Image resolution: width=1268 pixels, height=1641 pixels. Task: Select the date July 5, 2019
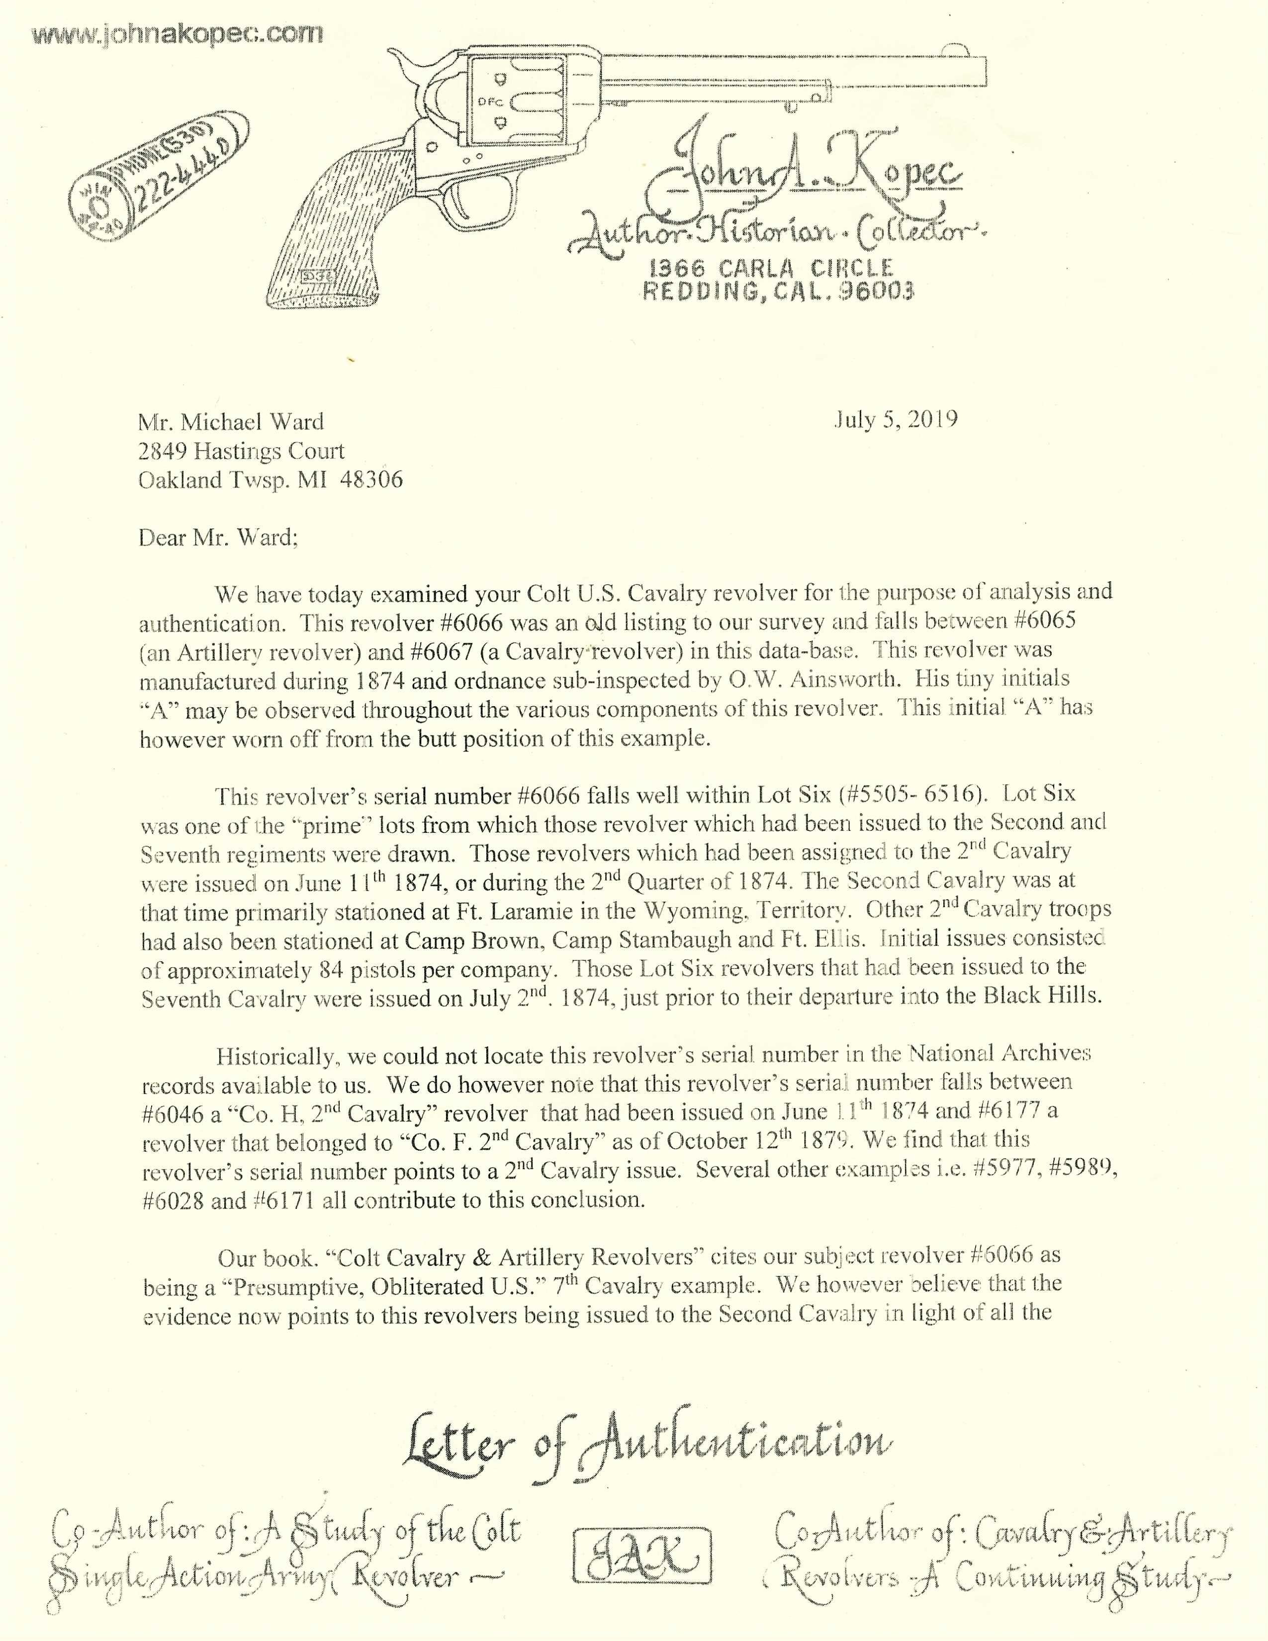896,419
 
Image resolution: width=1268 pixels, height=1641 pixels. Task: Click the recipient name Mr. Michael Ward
231,422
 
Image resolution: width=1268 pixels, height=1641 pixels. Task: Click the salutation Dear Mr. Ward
218,538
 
